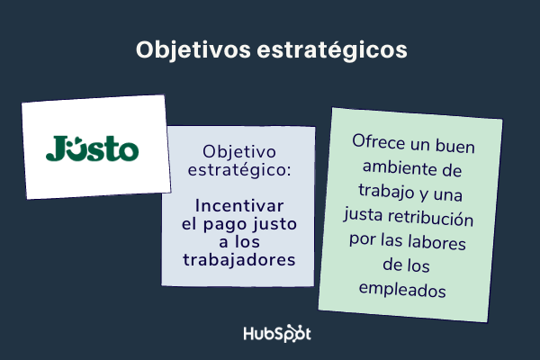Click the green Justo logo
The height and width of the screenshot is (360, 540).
(93, 148)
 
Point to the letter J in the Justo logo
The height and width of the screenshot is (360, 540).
(55, 148)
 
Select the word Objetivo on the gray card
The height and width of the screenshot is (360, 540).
(239, 149)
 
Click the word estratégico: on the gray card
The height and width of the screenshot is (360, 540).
(239, 168)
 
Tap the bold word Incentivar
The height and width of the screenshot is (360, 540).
(239, 204)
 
